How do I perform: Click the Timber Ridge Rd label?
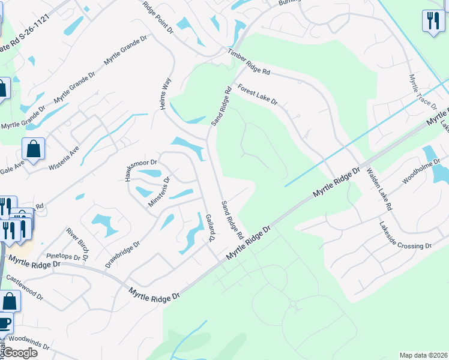tap(249, 62)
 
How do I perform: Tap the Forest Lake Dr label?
tap(258, 95)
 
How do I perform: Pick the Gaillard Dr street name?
tap(210, 227)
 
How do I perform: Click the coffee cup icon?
tap(5, 323)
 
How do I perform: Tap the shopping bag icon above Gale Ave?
tap(34, 148)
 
